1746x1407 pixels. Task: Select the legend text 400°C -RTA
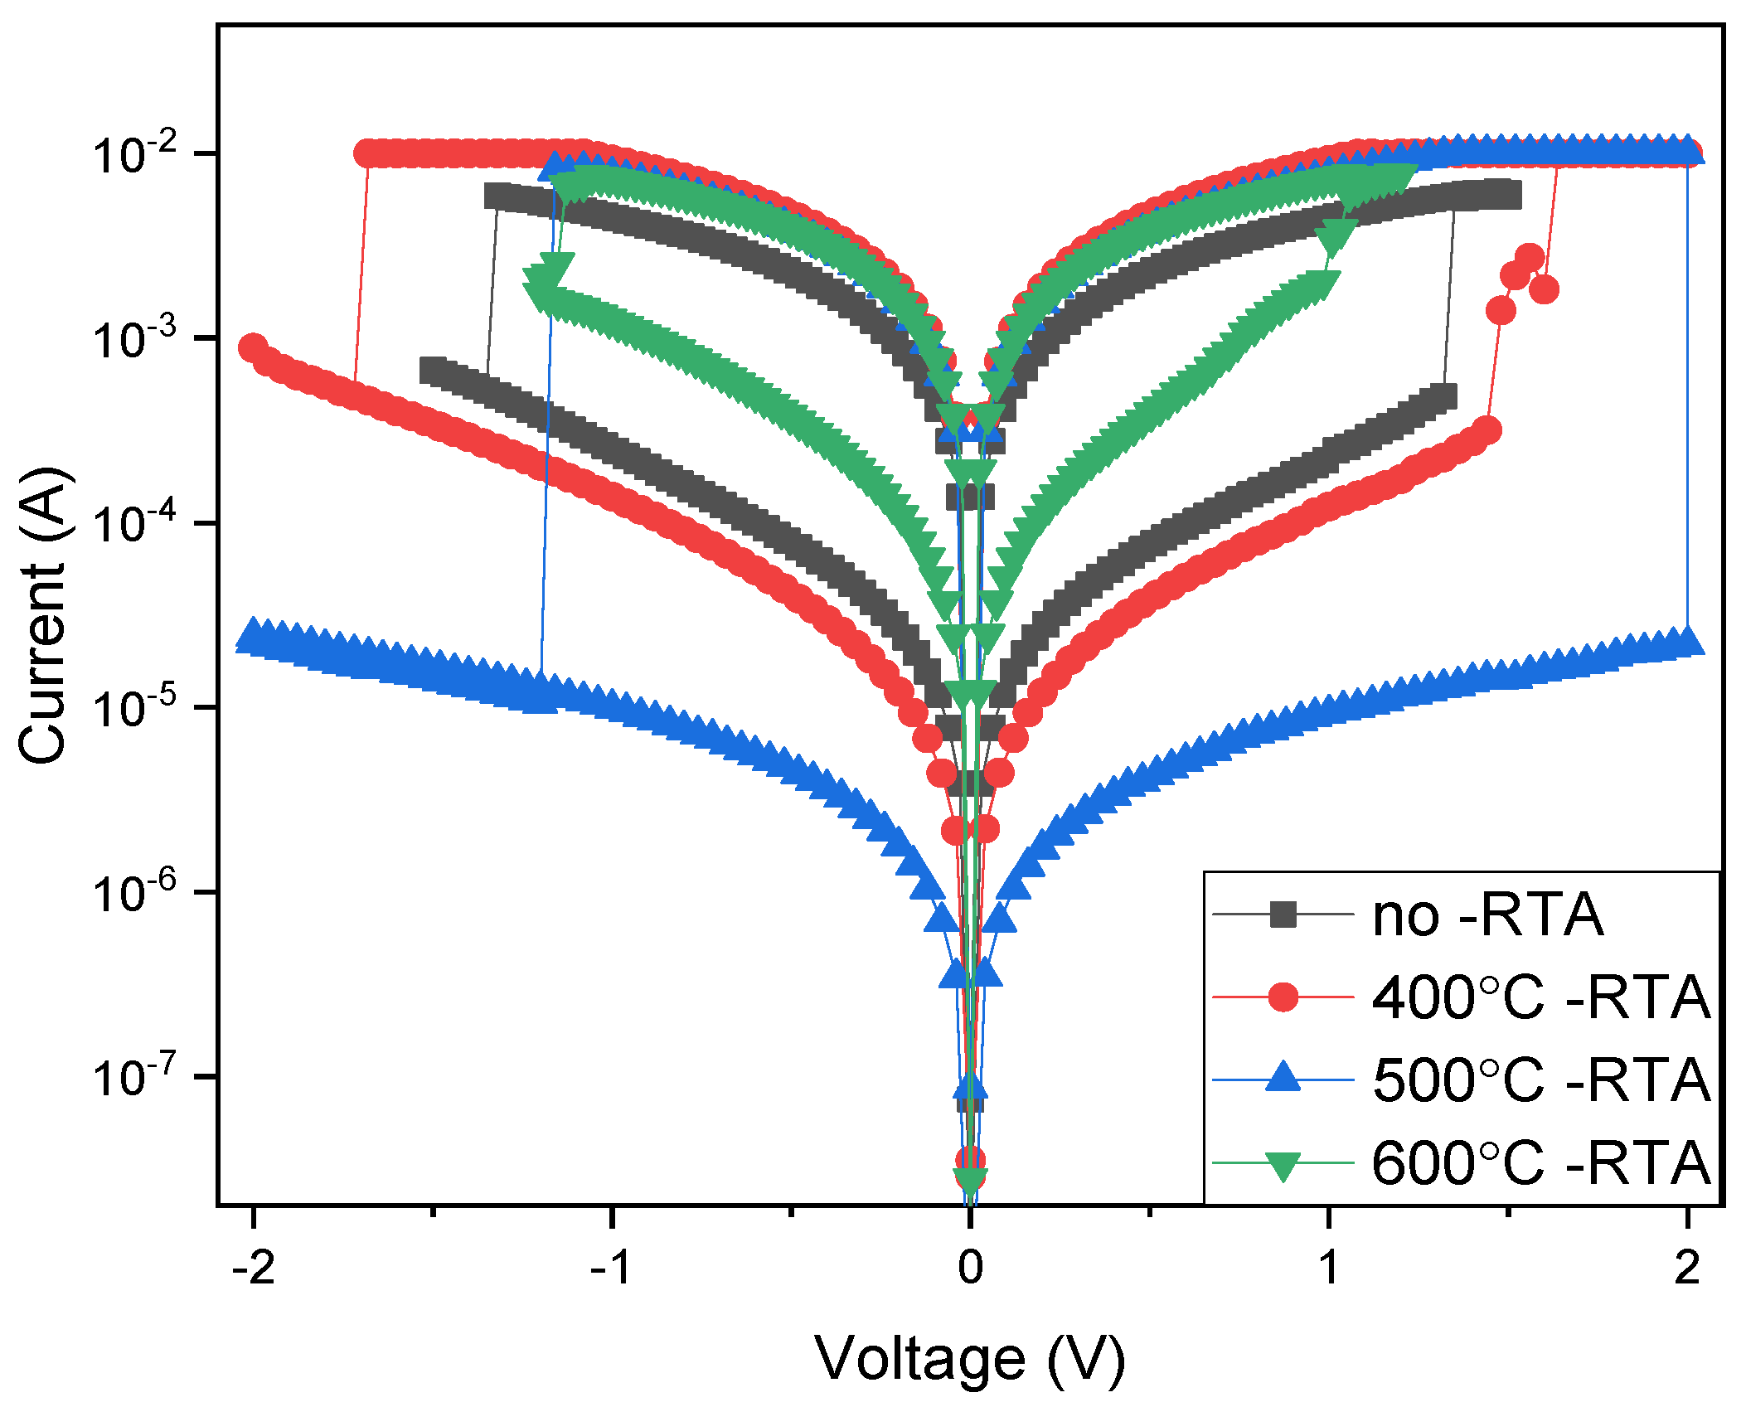point(1540,997)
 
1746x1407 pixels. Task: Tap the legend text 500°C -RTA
point(1540,1080)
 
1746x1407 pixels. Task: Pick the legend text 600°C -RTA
point(1540,1162)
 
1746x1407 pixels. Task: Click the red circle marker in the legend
point(1283,997)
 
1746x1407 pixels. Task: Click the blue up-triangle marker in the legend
point(1283,1077)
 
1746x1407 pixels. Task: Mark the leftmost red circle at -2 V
point(253,347)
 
